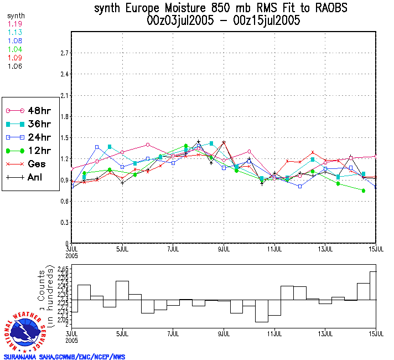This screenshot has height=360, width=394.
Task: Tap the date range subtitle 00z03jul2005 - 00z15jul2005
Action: click(224, 22)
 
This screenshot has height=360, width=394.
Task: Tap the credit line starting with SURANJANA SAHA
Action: click(64, 357)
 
